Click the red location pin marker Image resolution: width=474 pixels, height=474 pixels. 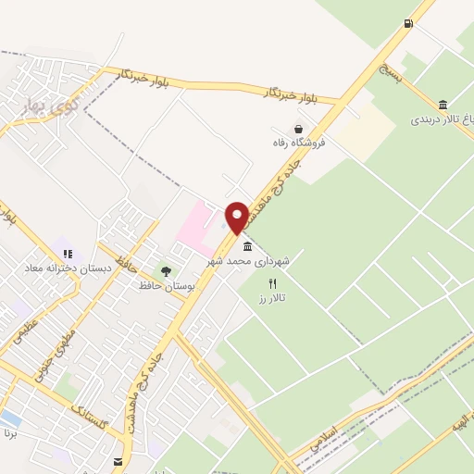click(x=237, y=218)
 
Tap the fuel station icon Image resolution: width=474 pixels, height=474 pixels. click(x=407, y=23)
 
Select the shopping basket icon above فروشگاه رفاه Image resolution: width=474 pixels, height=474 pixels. click(x=298, y=129)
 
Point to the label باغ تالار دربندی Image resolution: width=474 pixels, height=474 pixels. click(x=443, y=119)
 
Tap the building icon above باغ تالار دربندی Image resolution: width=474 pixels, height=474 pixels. click(x=443, y=104)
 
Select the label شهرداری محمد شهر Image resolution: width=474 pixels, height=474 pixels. click(x=258, y=261)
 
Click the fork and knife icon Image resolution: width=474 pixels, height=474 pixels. click(x=272, y=283)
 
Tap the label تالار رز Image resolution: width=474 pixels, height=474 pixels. click(x=272, y=297)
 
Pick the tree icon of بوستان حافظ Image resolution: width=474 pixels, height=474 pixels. click(x=166, y=271)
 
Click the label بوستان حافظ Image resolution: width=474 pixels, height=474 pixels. click(x=168, y=286)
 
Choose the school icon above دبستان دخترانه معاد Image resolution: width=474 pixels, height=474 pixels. click(x=67, y=252)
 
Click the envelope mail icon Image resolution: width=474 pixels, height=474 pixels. click(x=118, y=461)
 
